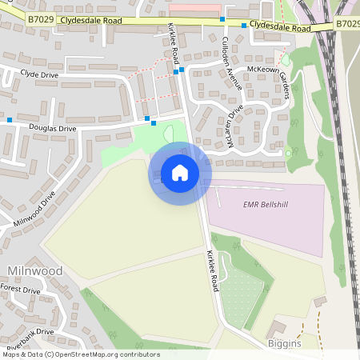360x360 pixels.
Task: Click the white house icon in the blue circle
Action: click(x=180, y=173)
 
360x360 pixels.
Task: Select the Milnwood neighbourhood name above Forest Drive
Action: click(x=34, y=271)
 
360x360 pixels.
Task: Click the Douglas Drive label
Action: click(x=54, y=127)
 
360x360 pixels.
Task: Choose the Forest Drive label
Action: click(x=20, y=290)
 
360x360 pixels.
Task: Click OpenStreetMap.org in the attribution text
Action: click(x=89, y=354)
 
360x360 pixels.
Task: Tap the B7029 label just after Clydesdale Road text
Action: click(x=348, y=24)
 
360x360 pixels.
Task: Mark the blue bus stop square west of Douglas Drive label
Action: click(x=10, y=120)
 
